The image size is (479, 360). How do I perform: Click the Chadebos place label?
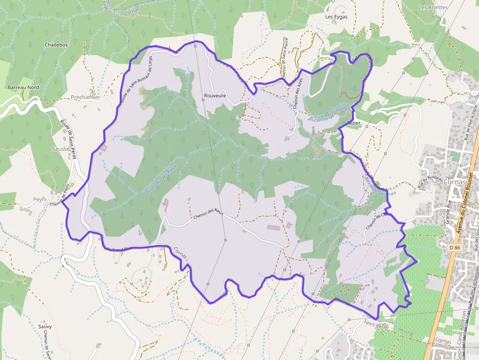tap(56, 44)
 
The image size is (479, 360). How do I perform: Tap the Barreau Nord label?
tap(23, 87)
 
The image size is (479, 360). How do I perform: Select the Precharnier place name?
tap(86, 97)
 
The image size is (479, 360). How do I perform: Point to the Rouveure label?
tap(215, 96)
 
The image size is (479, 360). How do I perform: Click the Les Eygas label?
tap(336, 17)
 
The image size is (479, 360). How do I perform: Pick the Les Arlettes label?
tap(433, 8)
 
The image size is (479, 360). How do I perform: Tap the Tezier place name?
tap(353, 123)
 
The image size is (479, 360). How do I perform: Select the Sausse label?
tap(61, 148)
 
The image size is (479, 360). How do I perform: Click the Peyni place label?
tap(40, 200)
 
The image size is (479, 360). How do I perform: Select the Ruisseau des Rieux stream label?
tap(161, 179)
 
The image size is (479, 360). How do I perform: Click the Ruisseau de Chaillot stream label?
tap(328, 115)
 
